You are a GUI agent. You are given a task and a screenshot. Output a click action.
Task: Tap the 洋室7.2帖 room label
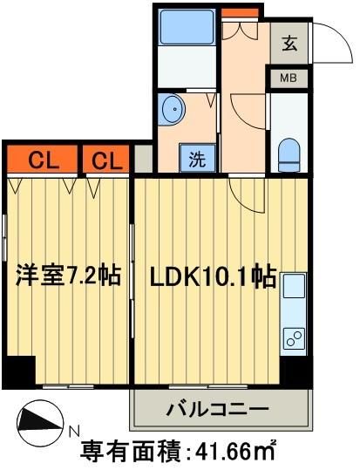66,277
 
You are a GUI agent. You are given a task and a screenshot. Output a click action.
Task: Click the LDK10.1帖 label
214,277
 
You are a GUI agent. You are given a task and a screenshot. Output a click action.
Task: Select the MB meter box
289,78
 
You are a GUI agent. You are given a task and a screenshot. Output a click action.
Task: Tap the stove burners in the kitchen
294,337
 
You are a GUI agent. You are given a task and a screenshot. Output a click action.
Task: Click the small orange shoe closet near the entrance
240,12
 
